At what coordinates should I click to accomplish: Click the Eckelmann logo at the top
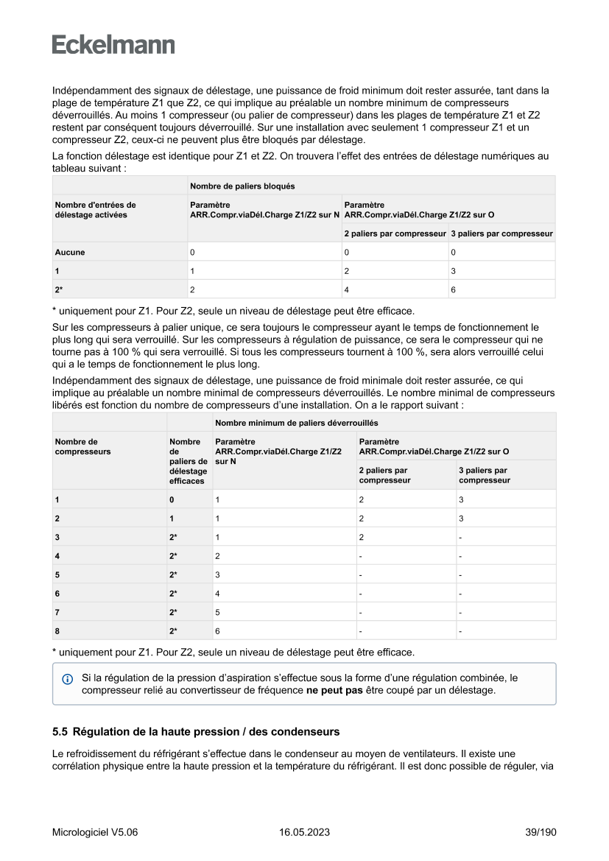point(113,45)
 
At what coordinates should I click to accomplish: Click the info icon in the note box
point(68,678)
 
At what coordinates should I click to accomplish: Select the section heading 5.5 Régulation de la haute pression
point(196,732)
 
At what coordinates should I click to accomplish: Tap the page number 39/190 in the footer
point(541,832)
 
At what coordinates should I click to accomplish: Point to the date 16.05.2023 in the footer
point(304,832)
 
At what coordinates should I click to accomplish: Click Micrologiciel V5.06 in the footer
point(95,832)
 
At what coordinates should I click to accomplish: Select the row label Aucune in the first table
point(70,252)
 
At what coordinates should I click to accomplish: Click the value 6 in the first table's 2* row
point(453,290)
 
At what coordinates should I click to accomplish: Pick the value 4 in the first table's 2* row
point(347,290)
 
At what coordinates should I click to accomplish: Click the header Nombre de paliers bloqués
point(242,186)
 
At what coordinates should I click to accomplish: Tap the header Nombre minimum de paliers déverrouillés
point(296,423)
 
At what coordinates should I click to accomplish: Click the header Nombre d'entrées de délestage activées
point(96,210)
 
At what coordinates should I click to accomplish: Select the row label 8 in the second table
point(57,631)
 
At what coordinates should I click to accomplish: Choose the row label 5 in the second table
point(57,574)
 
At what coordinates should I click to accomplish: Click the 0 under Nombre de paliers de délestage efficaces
point(172,499)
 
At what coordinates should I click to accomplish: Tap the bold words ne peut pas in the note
point(334,690)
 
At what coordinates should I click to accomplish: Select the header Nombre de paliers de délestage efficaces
point(188,461)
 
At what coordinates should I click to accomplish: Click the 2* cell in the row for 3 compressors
point(174,537)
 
